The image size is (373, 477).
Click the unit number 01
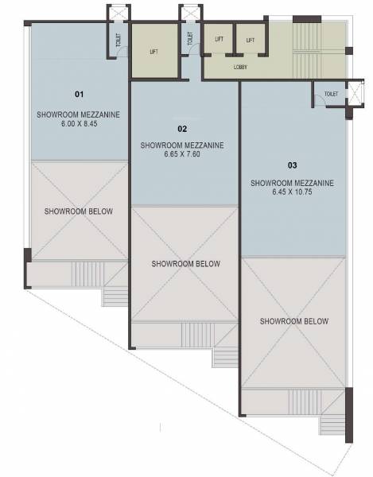pos(79,94)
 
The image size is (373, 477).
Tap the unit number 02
pos(182,128)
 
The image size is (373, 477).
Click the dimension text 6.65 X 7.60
pos(181,155)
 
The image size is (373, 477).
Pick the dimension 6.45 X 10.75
pos(291,192)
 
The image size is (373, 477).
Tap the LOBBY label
pos(240,68)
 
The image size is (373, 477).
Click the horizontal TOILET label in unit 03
pos(331,94)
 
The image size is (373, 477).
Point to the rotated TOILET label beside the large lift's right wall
pos(190,39)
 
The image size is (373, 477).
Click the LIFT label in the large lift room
pos(153,52)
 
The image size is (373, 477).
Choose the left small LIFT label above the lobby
pos(218,39)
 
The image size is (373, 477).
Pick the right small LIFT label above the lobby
pos(250,39)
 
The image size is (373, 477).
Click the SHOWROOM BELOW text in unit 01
pos(78,211)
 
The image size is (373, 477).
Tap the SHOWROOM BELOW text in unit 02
pos(185,263)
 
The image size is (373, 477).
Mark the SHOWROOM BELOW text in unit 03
pos(294,321)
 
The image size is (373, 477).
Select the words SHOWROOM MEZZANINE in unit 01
pos(78,114)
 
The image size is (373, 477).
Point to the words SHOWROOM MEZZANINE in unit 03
pos(291,182)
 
